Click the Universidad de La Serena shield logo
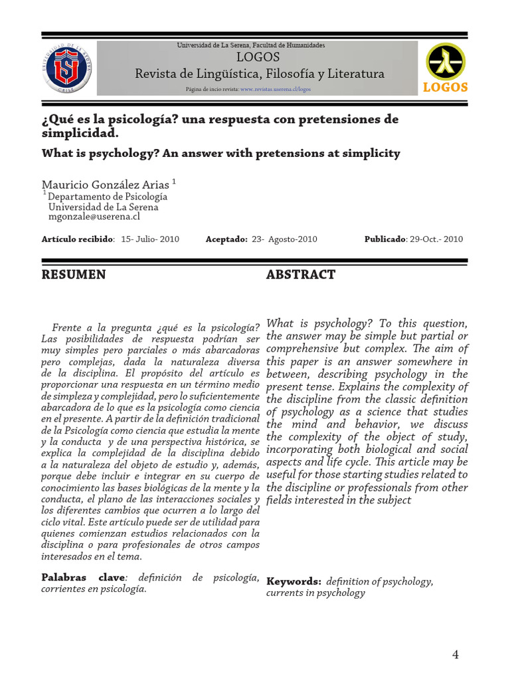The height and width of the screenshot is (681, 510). pos(68,68)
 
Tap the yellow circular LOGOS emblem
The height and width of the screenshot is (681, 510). pos(445,62)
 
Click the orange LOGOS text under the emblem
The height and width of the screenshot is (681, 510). pos(445,87)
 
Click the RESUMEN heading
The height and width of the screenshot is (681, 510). pos(73,275)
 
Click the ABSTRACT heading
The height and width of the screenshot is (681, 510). pos(301,275)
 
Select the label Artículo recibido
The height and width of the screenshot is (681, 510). pos(77,239)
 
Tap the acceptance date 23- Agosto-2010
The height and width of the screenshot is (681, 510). pos(284,239)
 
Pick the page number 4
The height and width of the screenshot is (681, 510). pos(455,654)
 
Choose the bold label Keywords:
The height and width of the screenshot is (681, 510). pos(294,581)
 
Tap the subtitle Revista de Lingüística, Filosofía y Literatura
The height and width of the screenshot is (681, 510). pos(260,74)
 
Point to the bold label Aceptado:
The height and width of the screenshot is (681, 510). pos(226,239)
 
